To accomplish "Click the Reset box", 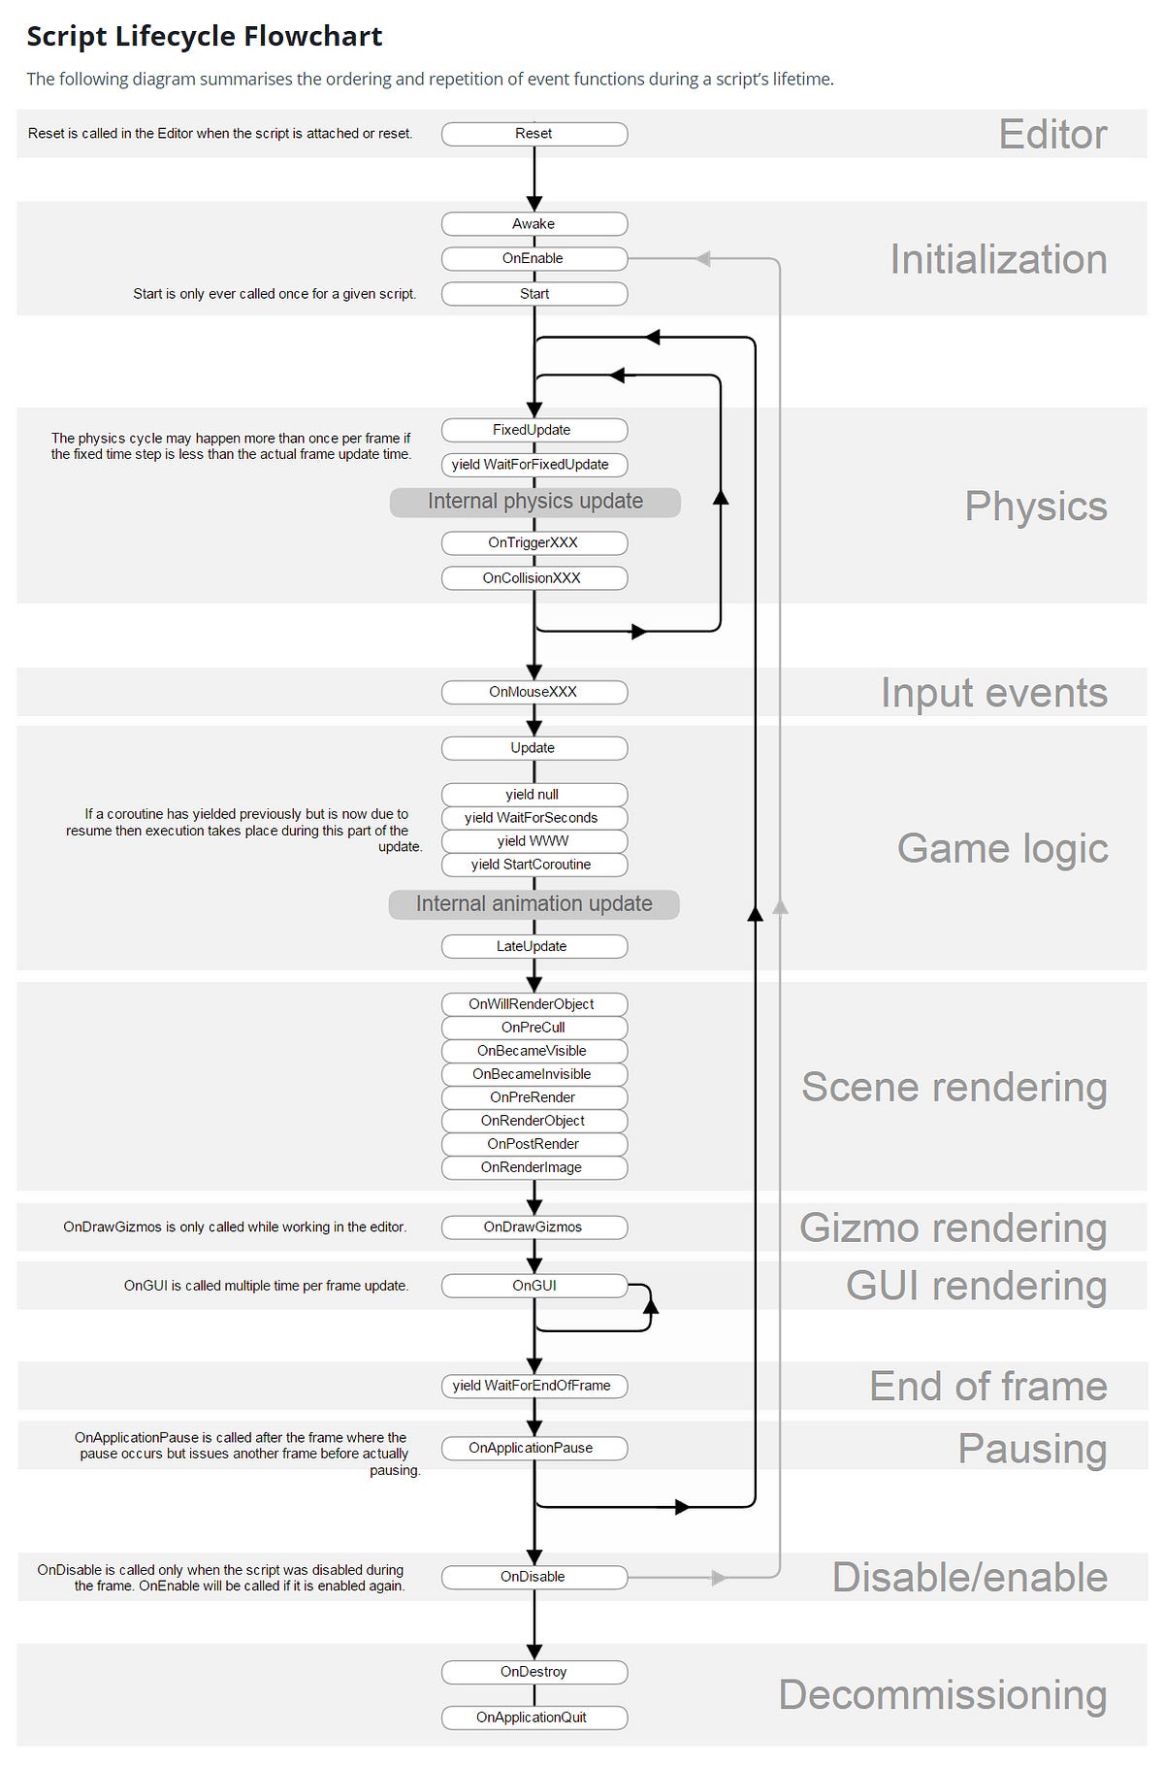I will pyautogui.click(x=533, y=134).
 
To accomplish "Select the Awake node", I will pyautogui.click(x=533, y=224).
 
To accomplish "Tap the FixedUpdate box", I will pyautogui.click(x=533, y=430).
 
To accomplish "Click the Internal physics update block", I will pyautogui.click(x=534, y=502).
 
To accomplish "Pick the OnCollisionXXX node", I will pyautogui.click(x=533, y=578).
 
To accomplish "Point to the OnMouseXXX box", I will pyautogui.click(x=533, y=692).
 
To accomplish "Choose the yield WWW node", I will pyautogui.click(x=533, y=841).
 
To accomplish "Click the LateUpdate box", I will pyautogui.click(x=533, y=946).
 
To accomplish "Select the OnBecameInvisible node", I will pyautogui.click(x=533, y=1074).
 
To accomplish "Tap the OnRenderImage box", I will pyautogui.click(x=533, y=1167).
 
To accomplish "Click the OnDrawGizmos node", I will pyautogui.click(x=533, y=1227).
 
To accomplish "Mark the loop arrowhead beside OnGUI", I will pyautogui.click(x=651, y=1306).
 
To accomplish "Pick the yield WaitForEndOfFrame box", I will pyautogui.click(x=533, y=1386).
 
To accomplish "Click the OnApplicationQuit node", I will pyautogui.click(x=533, y=1717).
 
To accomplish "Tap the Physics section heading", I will pyautogui.click(x=1035, y=507).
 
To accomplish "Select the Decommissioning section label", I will pyautogui.click(x=942, y=1695).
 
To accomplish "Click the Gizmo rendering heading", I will pyautogui.click(x=953, y=1228).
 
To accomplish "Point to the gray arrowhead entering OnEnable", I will pyautogui.click(x=703, y=259).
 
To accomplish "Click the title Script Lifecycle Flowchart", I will pyautogui.click(x=205, y=37).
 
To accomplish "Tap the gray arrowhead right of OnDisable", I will pyautogui.click(x=719, y=1578).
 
